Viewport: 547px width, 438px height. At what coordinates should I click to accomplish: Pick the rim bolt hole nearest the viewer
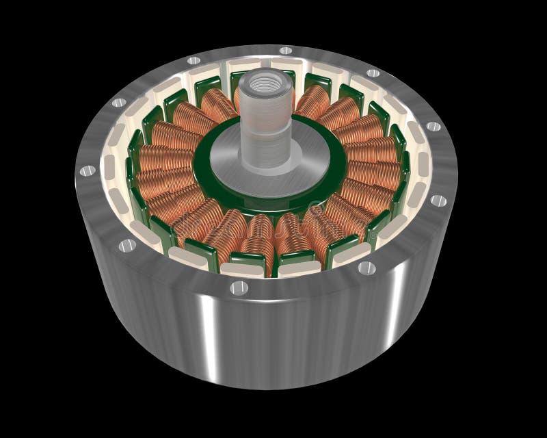tap(239, 287)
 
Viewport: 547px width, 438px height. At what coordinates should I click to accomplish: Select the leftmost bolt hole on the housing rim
tap(87, 170)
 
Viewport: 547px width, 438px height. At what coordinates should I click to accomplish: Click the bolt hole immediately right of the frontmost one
tap(366, 268)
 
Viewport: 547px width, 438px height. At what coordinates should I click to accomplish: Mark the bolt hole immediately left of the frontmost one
tap(126, 245)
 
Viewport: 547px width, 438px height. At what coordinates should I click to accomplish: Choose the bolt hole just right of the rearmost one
tap(373, 73)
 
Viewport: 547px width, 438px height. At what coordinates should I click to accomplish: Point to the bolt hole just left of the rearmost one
tap(200, 58)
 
